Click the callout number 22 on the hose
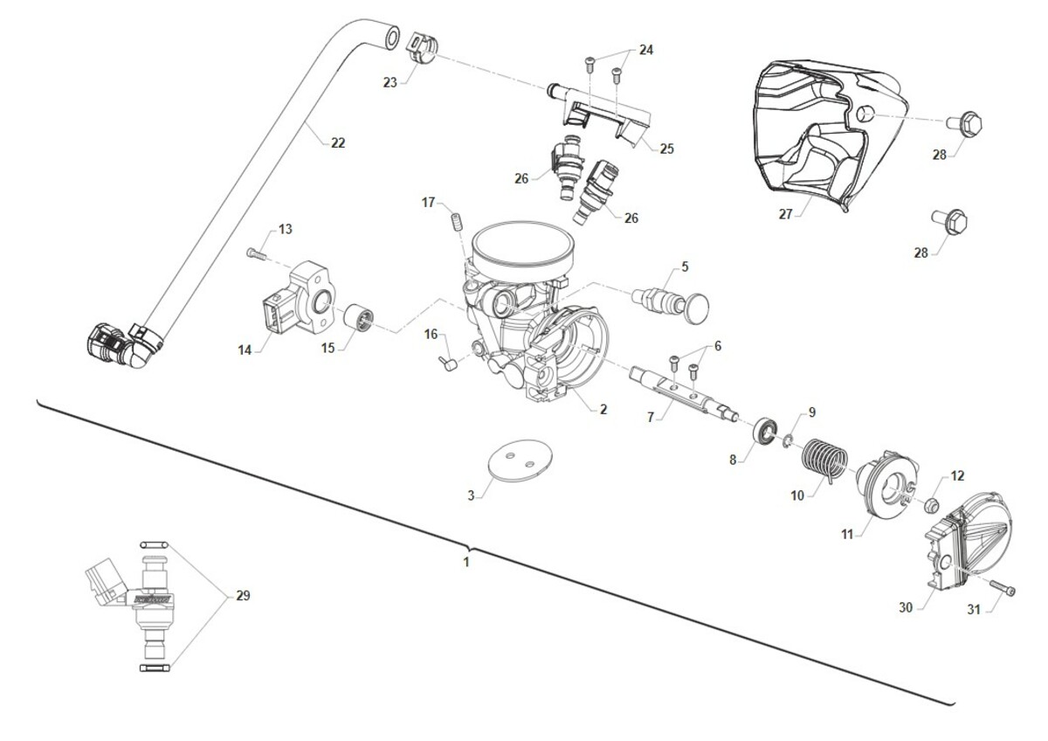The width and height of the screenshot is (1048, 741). (x=338, y=142)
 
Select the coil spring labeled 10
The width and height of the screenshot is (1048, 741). (x=824, y=461)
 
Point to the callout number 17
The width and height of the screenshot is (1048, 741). (x=428, y=202)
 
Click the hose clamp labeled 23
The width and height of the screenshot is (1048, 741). (x=424, y=49)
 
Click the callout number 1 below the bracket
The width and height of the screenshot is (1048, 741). (x=466, y=562)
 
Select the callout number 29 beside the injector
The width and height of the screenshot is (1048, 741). (x=243, y=595)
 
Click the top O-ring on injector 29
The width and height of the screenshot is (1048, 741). (x=154, y=544)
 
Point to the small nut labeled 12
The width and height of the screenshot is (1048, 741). (x=931, y=505)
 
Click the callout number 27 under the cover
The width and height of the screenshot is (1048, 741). (x=785, y=214)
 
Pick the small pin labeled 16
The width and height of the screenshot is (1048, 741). (x=447, y=364)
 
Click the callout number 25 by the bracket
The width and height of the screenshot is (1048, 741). (x=666, y=149)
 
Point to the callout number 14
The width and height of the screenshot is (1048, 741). (x=245, y=350)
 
